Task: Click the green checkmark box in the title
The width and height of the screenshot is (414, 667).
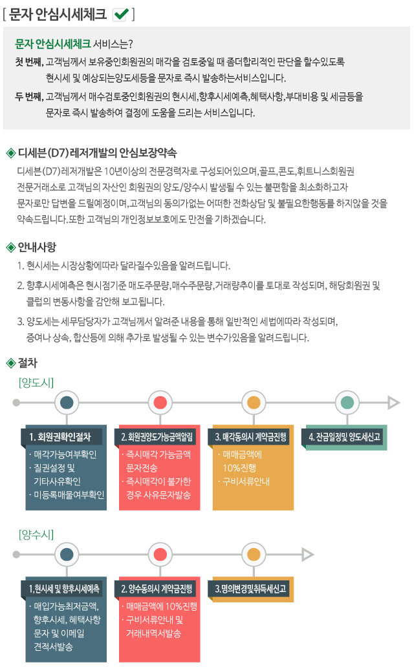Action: pos(120,14)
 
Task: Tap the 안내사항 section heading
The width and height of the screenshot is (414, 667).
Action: pos(37,247)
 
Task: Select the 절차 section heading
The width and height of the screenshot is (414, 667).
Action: pos(28,363)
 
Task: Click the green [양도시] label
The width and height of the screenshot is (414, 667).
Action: pos(36,383)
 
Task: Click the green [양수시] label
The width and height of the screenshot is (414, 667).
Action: pos(36,535)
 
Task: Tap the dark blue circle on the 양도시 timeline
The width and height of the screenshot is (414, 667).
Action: pos(67,403)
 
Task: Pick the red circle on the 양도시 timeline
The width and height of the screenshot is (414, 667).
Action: pos(160,403)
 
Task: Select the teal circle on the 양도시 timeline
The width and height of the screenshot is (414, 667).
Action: pos(347,403)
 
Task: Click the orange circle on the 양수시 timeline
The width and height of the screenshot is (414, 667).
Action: pos(254,555)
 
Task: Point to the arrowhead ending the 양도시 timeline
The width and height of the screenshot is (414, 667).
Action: pos(393,403)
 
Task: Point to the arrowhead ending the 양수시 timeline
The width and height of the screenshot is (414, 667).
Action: pos(307,555)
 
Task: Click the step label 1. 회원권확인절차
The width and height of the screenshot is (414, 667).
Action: pos(60,437)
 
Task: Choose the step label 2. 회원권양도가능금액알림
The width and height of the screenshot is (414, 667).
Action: pos(157,437)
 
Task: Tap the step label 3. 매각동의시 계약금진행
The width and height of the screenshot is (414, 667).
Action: pos(250,437)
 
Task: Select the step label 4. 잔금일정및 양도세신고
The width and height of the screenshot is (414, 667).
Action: pos(344,437)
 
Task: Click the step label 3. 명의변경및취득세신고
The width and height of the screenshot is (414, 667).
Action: pos(250,589)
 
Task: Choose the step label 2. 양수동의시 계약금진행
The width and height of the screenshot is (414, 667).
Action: pos(157,589)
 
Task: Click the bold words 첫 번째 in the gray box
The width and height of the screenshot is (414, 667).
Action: pos(28,61)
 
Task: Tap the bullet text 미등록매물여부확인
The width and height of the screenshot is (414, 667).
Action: pos(69,494)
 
